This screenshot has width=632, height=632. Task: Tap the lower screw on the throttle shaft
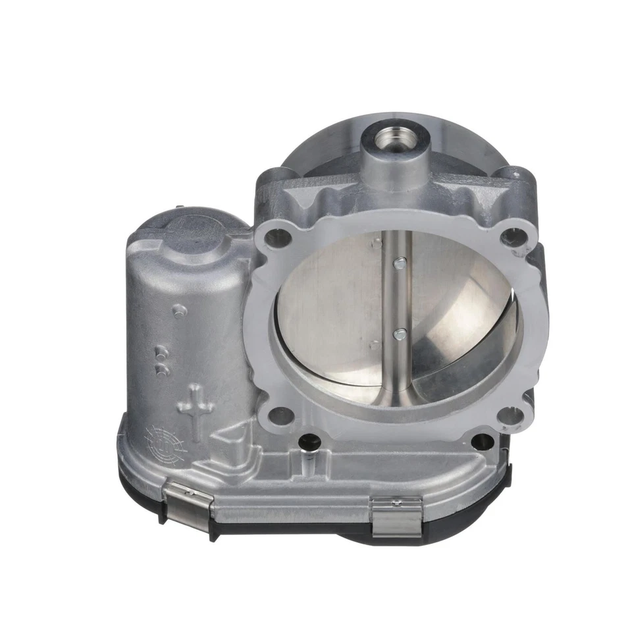pyautogui.click(x=398, y=334)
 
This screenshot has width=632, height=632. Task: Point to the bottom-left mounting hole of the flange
pyautogui.click(x=281, y=415)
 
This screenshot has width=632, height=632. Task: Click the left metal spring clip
pyautogui.click(x=190, y=504)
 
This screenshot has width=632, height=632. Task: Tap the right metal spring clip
pyautogui.click(x=396, y=515)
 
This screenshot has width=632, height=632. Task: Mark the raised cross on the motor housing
pyautogui.click(x=196, y=412)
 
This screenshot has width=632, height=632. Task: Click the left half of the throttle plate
pyautogui.click(x=329, y=309)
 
